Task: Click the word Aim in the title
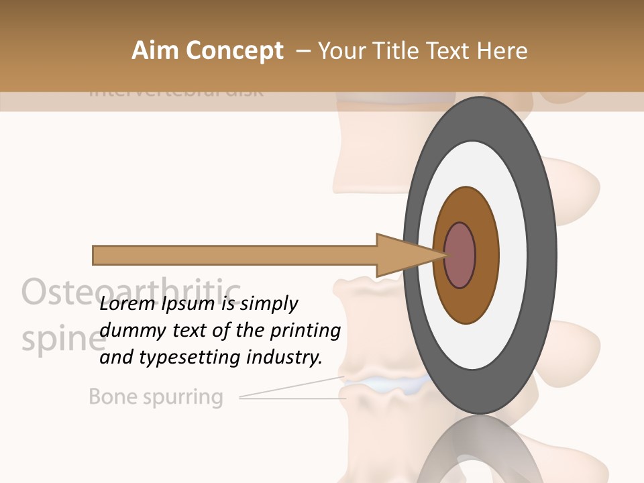tap(154, 51)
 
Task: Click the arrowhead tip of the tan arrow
tap(444, 255)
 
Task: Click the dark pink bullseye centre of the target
tap(460, 255)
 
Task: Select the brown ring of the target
tap(486, 255)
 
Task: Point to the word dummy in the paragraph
tap(127, 331)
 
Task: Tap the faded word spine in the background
tap(60, 339)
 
